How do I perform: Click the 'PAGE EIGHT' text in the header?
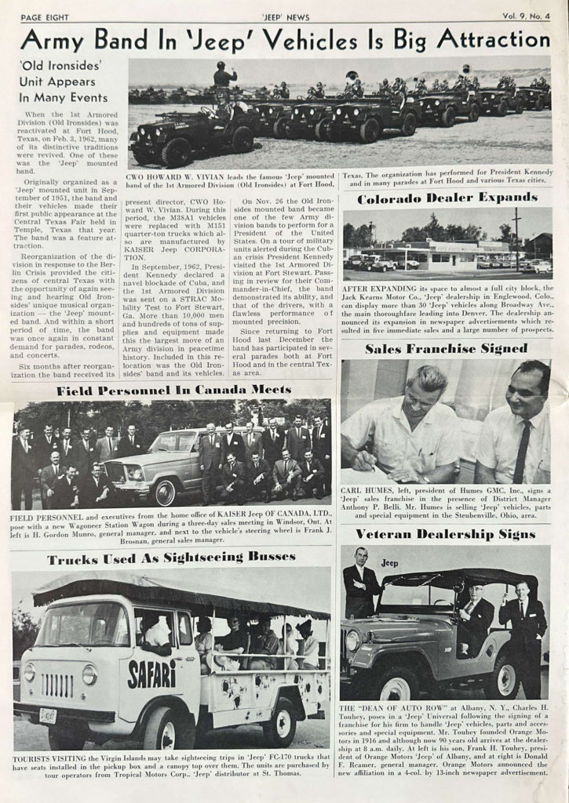tap(46, 16)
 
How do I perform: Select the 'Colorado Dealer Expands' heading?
tap(447, 198)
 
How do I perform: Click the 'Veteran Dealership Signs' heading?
tap(445, 534)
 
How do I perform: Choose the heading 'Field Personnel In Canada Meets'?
tap(173, 390)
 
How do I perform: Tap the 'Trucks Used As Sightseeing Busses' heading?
tap(171, 559)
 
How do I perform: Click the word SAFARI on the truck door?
tap(151, 674)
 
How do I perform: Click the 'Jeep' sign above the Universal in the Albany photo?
tap(389, 563)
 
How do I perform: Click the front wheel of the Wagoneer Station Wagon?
tap(166, 493)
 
